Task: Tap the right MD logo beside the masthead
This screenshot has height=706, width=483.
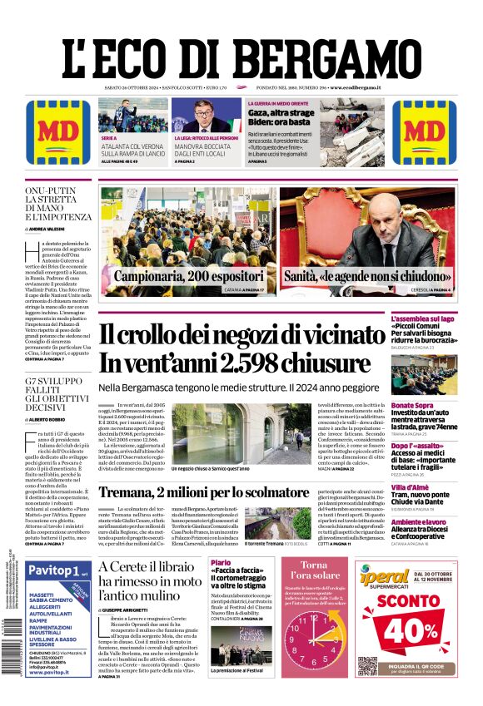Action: pyautogui.click(x=425, y=132)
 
